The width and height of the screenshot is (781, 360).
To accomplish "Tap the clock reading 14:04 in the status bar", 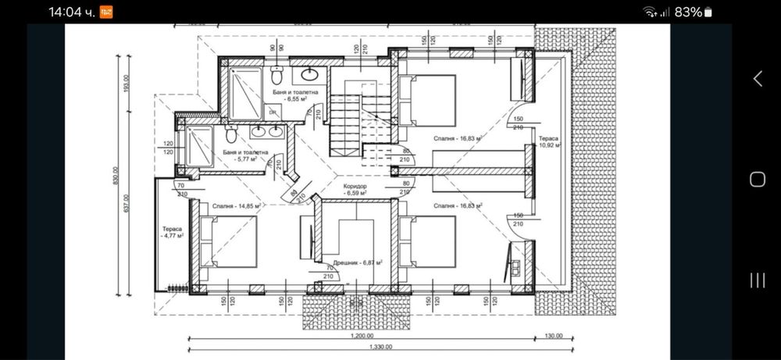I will click(71, 12).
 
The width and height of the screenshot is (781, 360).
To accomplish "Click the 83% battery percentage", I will click(688, 12).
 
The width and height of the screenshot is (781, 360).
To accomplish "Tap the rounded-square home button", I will click(757, 180).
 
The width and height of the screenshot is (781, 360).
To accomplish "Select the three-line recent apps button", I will click(757, 280).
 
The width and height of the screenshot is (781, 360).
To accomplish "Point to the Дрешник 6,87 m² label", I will click(357, 264).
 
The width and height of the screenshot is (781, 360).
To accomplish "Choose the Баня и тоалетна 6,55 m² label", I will click(289, 96).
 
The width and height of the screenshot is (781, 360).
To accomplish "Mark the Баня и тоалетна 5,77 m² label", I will click(245, 156).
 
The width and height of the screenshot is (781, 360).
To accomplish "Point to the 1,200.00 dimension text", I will click(362, 335).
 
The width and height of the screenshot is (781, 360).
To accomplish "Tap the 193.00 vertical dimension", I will click(126, 83).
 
